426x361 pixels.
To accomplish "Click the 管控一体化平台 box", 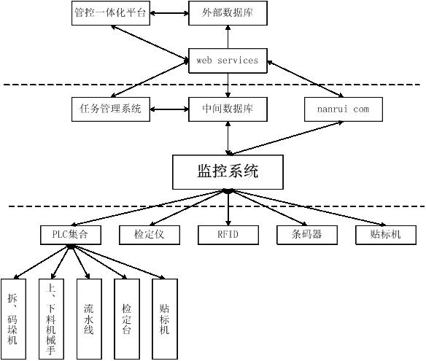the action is (111, 13).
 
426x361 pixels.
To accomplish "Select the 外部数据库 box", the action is (228, 13).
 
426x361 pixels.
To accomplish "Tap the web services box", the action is (228, 61).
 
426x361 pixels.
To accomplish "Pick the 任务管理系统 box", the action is (111, 109).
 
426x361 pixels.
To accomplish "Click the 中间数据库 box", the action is (228, 109).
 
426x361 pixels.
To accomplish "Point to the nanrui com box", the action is (344, 109).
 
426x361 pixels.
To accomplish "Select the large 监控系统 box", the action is (228, 172).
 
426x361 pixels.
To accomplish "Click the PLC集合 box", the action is (71, 235).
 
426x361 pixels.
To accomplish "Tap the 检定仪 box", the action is (150, 235).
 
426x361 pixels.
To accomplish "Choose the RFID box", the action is (228, 235).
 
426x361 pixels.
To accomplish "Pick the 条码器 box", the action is (307, 235).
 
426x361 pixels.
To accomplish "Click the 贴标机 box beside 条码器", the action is (386, 235).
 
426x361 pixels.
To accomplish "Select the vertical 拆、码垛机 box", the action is (13, 319).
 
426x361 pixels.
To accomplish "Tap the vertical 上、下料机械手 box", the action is (51, 319).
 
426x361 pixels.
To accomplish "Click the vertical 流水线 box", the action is (89, 319).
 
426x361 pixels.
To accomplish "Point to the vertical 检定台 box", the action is (127, 319).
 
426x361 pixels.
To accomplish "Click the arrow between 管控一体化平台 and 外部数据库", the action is (169, 13).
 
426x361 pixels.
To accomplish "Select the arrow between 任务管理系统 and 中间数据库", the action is (169, 109).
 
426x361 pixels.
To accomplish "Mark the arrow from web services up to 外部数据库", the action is (228, 37).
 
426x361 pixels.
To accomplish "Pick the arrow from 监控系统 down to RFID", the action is (228, 208).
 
